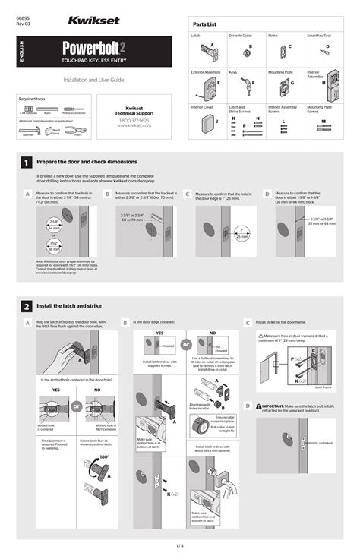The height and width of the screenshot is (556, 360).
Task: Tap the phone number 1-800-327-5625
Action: tap(134, 120)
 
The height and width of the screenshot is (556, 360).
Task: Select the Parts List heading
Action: tap(205, 25)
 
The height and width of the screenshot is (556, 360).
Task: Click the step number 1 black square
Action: tap(27, 162)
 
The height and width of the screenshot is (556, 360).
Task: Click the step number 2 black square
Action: tap(27, 306)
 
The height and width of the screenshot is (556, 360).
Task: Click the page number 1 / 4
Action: tap(180, 546)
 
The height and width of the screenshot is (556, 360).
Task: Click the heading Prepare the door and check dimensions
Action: tap(87, 162)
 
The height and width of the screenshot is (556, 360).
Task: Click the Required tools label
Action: tap(33, 99)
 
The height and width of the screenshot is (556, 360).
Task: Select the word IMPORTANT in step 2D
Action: tap(276, 406)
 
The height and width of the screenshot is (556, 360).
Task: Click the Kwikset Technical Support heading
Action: tap(134, 111)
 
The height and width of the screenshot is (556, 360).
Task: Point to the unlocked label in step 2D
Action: tap(325, 443)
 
